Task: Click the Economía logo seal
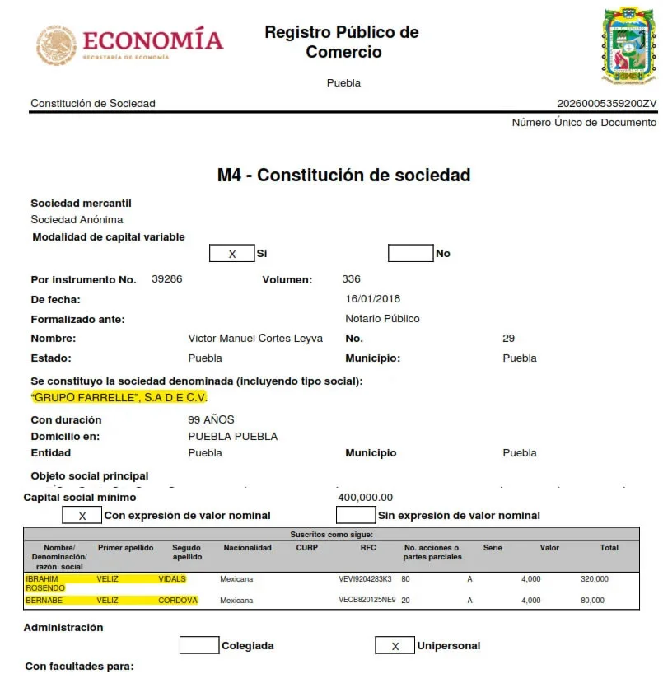coord(56,44)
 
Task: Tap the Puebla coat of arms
coord(629,47)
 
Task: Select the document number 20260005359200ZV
coord(607,104)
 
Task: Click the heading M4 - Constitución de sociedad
coord(343,176)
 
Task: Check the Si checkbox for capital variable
coord(231,254)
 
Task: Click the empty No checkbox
coord(410,253)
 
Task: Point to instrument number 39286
coord(167,279)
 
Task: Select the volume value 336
coord(351,279)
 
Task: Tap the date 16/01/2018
coord(373,299)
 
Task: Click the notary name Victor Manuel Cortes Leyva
coord(255,339)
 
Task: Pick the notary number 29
coord(508,339)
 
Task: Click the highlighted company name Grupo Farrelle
coord(119,398)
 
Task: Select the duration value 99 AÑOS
coord(211,420)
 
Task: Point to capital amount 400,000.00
coord(366,498)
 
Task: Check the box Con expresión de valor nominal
coord(82,516)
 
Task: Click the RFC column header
coord(367,548)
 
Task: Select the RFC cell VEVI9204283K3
coord(365,579)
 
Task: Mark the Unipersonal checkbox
coord(395,646)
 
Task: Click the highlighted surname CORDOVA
coord(178,601)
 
